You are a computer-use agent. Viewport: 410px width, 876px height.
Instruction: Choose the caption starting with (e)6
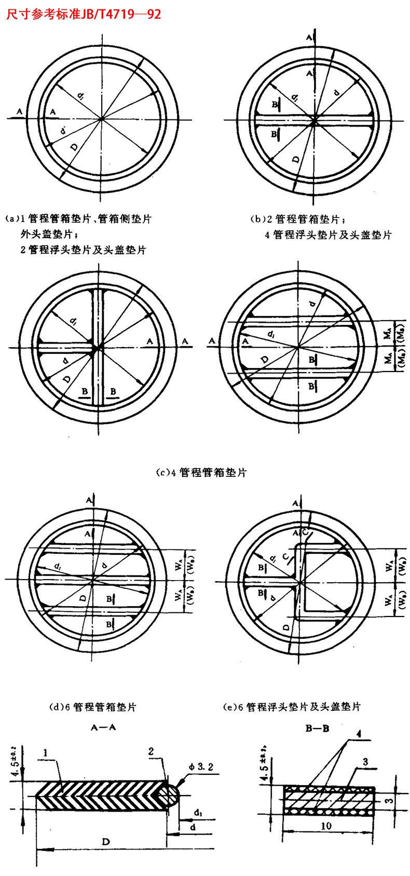291,707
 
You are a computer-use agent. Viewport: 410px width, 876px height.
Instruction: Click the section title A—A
103,728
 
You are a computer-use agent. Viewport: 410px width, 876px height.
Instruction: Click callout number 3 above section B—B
365,762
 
